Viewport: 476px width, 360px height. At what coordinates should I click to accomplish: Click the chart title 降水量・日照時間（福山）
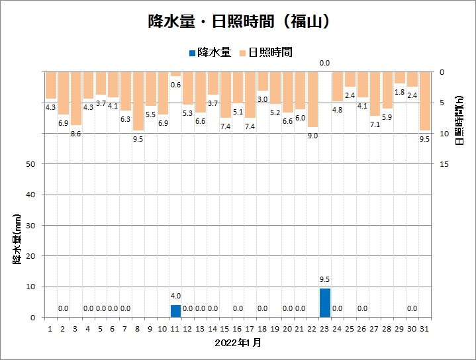tap(238, 22)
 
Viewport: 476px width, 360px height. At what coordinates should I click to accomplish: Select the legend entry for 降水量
tap(210, 52)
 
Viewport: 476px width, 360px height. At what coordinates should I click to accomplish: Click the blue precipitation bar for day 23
tap(325, 302)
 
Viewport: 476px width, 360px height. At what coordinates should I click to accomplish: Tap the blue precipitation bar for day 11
tap(175, 311)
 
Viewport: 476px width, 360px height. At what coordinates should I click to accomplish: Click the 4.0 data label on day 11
tap(175, 296)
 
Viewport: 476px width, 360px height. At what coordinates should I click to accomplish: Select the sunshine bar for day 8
tap(138, 101)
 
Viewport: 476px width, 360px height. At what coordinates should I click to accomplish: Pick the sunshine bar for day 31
tap(424, 101)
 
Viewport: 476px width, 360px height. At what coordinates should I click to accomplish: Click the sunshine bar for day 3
tap(76, 98)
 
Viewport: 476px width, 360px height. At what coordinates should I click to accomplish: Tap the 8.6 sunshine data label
tap(76, 133)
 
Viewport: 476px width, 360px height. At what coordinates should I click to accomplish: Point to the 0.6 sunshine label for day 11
tap(175, 84)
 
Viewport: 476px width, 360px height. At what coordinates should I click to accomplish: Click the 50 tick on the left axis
tap(30, 164)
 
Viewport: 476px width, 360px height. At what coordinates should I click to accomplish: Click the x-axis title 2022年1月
tap(238, 343)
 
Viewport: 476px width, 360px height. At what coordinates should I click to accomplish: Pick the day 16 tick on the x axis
tap(238, 328)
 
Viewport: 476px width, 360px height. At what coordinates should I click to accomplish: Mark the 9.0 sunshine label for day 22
tap(312, 136)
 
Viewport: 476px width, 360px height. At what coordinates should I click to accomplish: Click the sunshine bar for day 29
tap(399, 77)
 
